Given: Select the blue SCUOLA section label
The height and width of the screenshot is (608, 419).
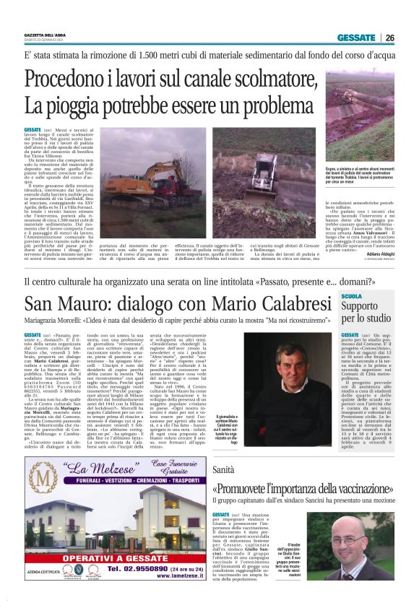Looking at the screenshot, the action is (x=352, y=297).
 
